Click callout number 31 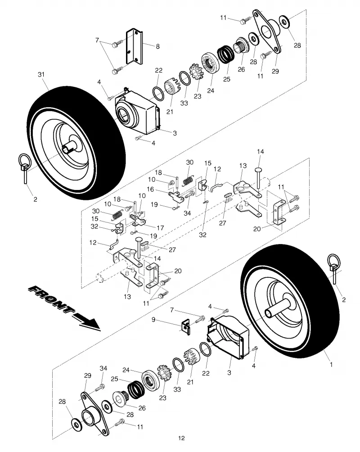(x=41, y=74)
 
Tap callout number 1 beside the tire (x=331, y=364)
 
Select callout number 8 (x=157, y=46)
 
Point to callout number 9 (x=153, y=320)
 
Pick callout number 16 (x=150, y=190)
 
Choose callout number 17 (x=160, y=228)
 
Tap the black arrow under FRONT (x=86, y=321)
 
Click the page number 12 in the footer (x=181, y=438)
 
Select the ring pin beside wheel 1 (x=334, y=268)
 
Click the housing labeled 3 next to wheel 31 (x=137, y=112)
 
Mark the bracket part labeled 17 (x=138, y=221)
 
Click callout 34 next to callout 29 (x=103, y=368)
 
